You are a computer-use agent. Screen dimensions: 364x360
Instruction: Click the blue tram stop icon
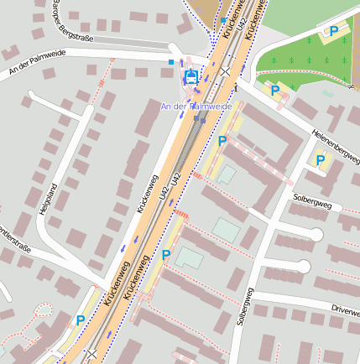[x=191, y=77]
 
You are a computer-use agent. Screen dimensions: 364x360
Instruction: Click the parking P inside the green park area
[x=333, y=32]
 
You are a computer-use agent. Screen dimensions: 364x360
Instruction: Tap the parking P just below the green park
[x=274, y=91]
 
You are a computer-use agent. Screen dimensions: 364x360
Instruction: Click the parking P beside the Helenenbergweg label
[x=320, y=159]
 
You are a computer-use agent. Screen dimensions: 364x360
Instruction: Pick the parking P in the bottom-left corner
[x=80, y=320]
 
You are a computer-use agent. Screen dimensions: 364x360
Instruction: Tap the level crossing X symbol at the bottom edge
[x=91, y=355]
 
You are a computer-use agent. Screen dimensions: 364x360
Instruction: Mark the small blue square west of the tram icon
[x=171, y=61]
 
